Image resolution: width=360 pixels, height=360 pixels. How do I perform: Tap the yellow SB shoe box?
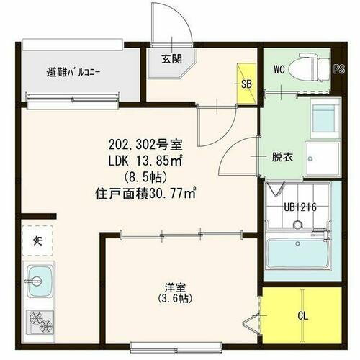(246, 84)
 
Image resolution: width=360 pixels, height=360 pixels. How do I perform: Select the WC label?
(280, 69)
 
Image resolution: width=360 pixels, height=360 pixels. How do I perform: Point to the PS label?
(339, 69)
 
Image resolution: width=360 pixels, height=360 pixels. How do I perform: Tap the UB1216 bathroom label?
(297, 207)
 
